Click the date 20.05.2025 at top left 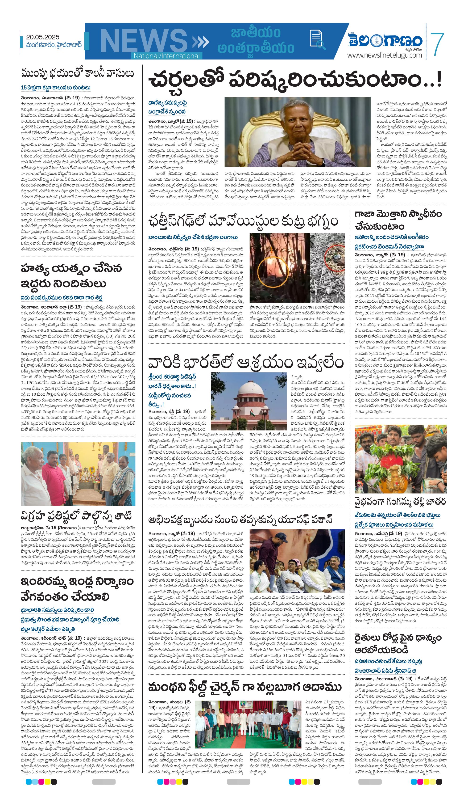42,37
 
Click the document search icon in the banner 317,40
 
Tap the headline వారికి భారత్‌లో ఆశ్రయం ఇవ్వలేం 245,363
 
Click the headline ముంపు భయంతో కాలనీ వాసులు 77,73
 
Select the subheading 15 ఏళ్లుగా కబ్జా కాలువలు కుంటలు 56,88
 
